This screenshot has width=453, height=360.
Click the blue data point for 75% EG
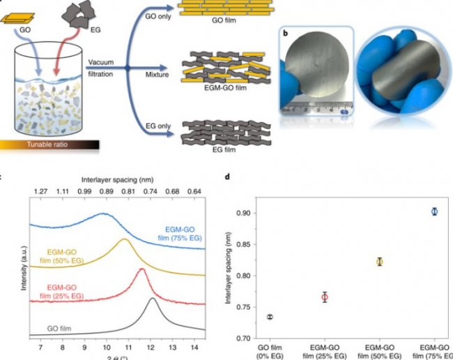434,211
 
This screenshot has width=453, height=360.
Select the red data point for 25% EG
325,297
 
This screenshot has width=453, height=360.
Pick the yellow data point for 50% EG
380,262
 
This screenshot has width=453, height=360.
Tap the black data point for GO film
270,317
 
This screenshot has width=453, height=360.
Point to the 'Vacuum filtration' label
104,68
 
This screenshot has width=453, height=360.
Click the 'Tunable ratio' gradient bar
49,145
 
